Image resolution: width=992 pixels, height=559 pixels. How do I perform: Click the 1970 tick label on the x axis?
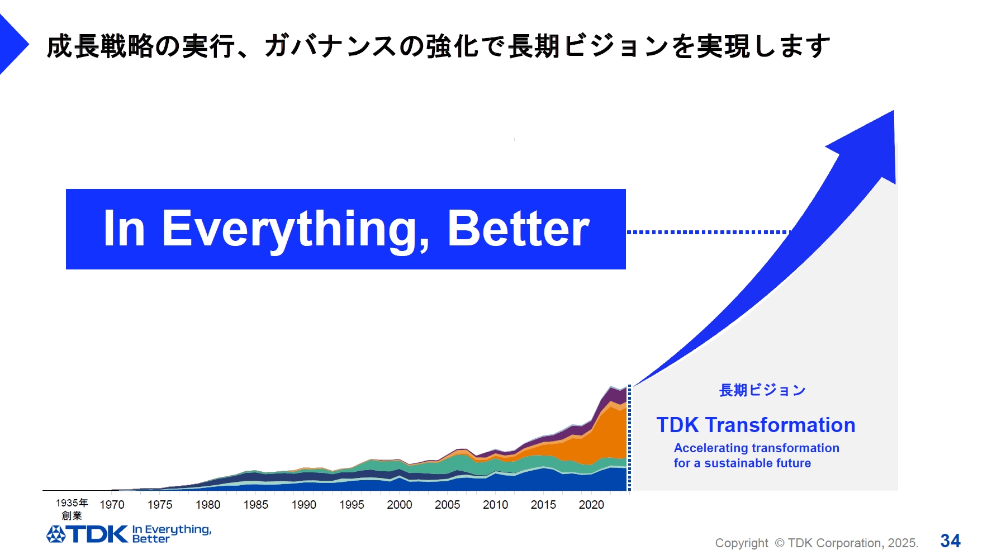(x=112, y=505)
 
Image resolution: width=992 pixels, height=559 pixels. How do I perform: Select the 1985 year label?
(x=255, y=505)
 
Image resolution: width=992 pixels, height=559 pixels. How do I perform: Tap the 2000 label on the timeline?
(x=399, y=505)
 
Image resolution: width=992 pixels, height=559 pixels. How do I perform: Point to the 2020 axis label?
(x=591, y=505)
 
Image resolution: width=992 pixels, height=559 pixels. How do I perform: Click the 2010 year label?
(x=495, y=505)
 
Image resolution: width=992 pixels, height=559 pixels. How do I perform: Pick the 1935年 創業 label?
(x=72, y=509)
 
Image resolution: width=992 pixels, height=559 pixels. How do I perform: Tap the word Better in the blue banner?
(x=518, y=229)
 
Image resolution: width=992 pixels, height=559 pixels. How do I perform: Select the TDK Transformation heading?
(x=756, y=425)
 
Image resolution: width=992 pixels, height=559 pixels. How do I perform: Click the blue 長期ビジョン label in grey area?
(x=762, y=390)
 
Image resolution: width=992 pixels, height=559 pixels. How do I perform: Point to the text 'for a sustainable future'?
(x=742, y=463)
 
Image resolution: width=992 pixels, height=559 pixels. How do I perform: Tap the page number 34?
(x=950, y=541)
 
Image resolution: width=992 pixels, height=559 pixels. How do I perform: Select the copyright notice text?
(x=817, y=543)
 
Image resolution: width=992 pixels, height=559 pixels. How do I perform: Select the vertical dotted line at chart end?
(x=629, y=439)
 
